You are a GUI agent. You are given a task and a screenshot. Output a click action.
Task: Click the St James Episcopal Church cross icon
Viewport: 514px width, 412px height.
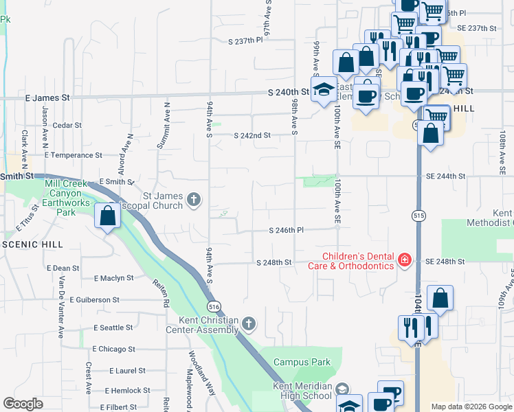click(194, 200)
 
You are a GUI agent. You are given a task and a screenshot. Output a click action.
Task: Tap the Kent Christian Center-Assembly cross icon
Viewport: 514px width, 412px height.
click(249, 323)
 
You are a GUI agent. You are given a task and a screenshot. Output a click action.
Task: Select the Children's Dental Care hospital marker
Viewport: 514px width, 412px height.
click(405, 260)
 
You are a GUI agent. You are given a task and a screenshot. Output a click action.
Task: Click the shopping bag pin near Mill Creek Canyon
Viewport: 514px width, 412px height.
click(108, 216)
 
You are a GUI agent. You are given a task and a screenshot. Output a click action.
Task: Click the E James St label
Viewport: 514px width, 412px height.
click(47, 98)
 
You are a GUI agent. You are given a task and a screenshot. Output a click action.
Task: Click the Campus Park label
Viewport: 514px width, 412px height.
click(302, 363)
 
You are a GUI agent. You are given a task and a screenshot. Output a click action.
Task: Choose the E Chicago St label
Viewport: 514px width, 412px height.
click(113, 349)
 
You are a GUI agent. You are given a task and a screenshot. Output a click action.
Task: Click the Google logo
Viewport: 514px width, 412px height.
click(23, 404)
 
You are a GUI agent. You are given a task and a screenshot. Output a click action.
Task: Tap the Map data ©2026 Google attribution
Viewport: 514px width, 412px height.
click(471, 407)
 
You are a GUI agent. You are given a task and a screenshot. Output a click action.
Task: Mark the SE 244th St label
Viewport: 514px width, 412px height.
click(445, 176)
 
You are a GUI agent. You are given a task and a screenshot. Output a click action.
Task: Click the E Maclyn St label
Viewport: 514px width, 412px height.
click(113, 278)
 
